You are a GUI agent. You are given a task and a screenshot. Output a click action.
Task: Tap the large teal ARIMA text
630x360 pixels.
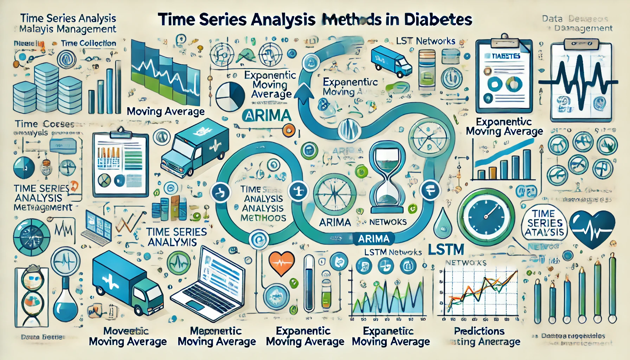click(267, 115)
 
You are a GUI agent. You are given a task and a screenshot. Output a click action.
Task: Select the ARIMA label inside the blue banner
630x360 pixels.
click(373, 239)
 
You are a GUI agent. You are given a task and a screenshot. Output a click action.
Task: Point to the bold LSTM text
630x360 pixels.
click(446, 250)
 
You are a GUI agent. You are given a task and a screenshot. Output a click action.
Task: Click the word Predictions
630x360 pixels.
click(479, 331)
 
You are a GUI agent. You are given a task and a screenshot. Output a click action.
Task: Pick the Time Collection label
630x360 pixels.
click(88, 43)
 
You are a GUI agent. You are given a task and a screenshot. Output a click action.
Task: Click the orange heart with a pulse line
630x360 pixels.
click(281, 263)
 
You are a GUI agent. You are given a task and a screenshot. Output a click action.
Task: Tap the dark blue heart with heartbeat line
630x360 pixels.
click(592, 229)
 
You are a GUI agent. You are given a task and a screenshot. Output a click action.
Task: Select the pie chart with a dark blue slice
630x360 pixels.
click(230, 97)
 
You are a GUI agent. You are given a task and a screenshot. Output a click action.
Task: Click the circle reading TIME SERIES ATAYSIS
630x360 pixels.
click(545, 223)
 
